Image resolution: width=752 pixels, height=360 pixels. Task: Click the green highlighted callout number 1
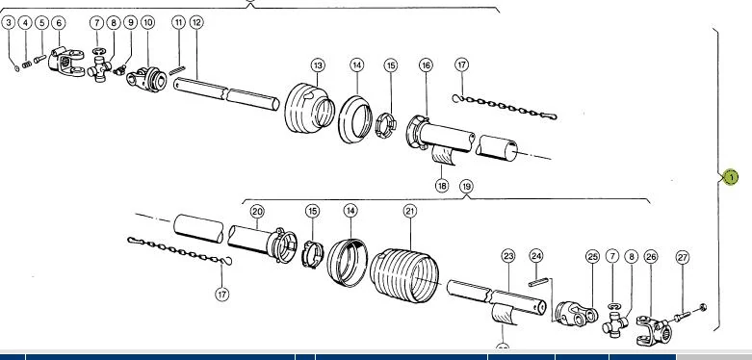(x=731, y=177)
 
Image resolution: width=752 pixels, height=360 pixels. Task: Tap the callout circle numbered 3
(x=9, y=22)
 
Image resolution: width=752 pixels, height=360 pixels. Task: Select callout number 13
(x=318, y=65)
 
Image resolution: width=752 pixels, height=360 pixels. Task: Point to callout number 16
(x=426, y=65)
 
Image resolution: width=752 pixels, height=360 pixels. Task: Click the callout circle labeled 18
(x=442, y=185)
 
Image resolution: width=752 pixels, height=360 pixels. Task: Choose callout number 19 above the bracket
(x=466, y=186)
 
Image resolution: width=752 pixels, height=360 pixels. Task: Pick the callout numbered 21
(x=410, y=211)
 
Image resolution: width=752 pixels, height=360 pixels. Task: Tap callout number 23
(x=508, y=256)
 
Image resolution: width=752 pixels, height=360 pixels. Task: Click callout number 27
(x=683, y=257)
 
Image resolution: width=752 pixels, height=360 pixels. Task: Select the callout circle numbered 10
(x=147, y=22)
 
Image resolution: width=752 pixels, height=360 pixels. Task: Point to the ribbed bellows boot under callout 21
(x=404, y=275)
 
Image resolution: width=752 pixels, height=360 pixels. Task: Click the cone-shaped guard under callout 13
(x=309, y=108)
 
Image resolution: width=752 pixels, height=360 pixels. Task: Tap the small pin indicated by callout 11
(x=177, y=71)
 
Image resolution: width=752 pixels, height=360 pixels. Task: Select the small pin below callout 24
(x=538, y=283)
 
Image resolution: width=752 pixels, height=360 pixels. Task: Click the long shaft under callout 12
(x=226, y=94)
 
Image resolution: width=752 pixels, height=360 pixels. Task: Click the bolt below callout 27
(x=687, y=315)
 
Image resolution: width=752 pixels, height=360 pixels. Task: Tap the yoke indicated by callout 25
(x=577, y=314)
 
